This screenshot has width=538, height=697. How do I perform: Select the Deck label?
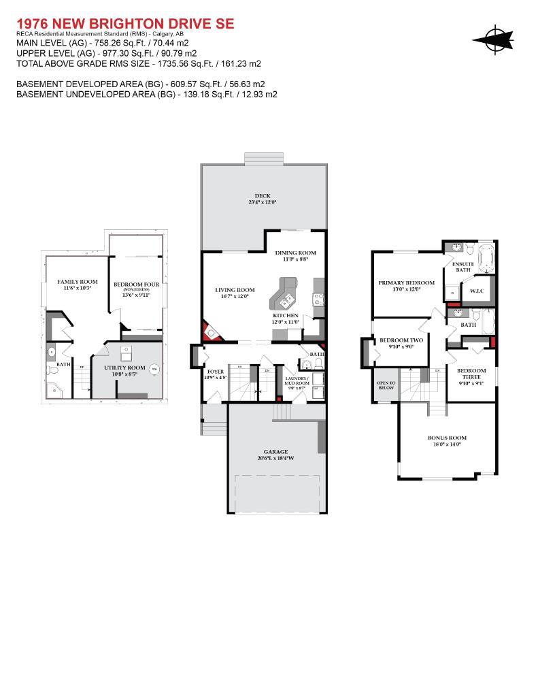point(262,195)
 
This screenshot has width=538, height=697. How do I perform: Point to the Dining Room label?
point(295,253)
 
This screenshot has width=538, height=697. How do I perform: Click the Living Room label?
point(235,290)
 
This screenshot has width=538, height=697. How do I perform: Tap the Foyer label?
point(215,372)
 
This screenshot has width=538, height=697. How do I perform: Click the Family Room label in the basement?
point(78,282)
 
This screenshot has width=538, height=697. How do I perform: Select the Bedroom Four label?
point(136,285)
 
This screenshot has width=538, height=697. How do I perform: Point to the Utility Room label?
point(124,368)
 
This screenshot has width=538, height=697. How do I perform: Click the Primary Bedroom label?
point(406,282)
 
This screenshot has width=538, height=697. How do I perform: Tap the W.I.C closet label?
point(477,291)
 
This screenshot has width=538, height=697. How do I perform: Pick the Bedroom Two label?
point(401,340)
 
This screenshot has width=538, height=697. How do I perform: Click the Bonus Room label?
point(447,438)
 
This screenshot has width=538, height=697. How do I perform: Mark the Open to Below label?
point(386,385)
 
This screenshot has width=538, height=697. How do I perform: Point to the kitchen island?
point(284,294)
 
